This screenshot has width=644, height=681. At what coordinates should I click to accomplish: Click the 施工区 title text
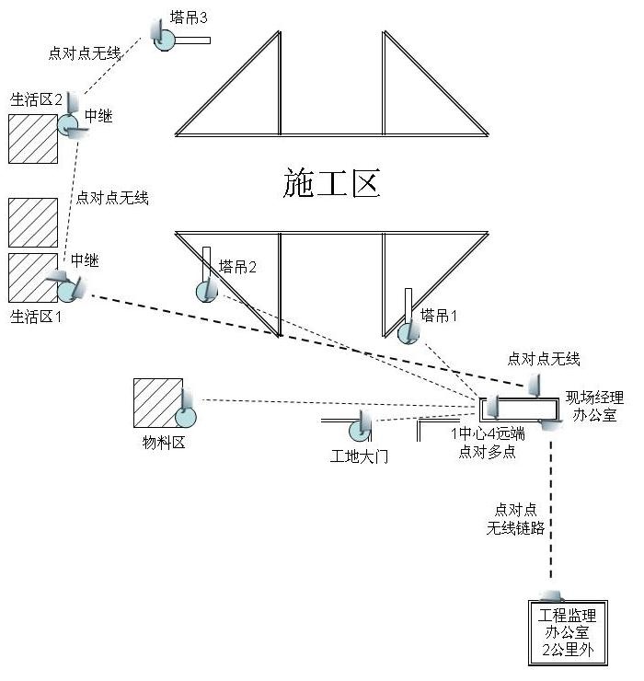331,184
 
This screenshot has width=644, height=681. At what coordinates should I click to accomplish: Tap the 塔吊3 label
194,17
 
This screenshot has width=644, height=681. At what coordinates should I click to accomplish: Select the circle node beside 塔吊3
166,40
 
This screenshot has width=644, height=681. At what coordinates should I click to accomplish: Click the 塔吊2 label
237,267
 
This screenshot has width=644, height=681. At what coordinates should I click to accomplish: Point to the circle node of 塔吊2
207,292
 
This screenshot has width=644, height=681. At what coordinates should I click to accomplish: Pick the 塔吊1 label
439,316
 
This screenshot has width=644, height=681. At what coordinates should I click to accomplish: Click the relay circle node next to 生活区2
68,125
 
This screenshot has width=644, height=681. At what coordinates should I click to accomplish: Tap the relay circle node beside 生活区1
68,291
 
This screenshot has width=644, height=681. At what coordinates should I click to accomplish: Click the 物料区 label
164,444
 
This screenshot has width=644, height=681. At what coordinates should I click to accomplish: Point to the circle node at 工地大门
359,430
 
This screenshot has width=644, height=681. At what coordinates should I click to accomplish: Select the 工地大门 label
359,456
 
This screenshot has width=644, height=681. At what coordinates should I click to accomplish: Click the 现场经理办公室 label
593,407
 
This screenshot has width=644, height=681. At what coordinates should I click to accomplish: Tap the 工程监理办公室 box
567,633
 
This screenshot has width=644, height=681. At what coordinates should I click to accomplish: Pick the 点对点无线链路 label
515,519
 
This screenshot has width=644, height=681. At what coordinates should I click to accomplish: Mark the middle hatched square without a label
33,222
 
